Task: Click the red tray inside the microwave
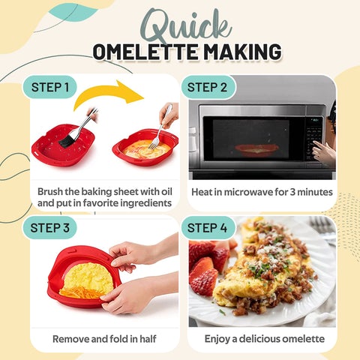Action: point(254,148)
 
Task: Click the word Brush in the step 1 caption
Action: point(52,191)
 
